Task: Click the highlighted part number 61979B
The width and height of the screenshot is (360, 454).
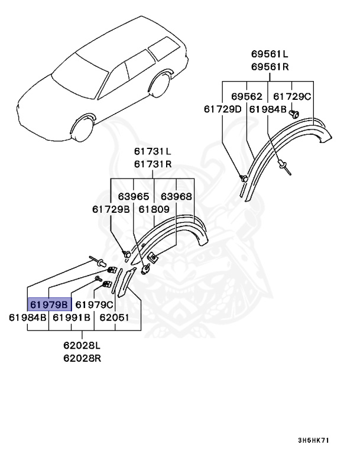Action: (49, 304)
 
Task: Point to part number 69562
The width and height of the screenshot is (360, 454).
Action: (246, 96)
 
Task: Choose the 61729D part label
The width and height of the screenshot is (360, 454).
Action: (223, 109)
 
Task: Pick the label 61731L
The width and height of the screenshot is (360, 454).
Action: (152, 152)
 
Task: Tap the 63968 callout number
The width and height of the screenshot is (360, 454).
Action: (177, 196)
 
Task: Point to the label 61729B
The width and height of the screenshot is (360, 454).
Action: (111, 209)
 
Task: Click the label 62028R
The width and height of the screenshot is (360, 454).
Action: (82, 358)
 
